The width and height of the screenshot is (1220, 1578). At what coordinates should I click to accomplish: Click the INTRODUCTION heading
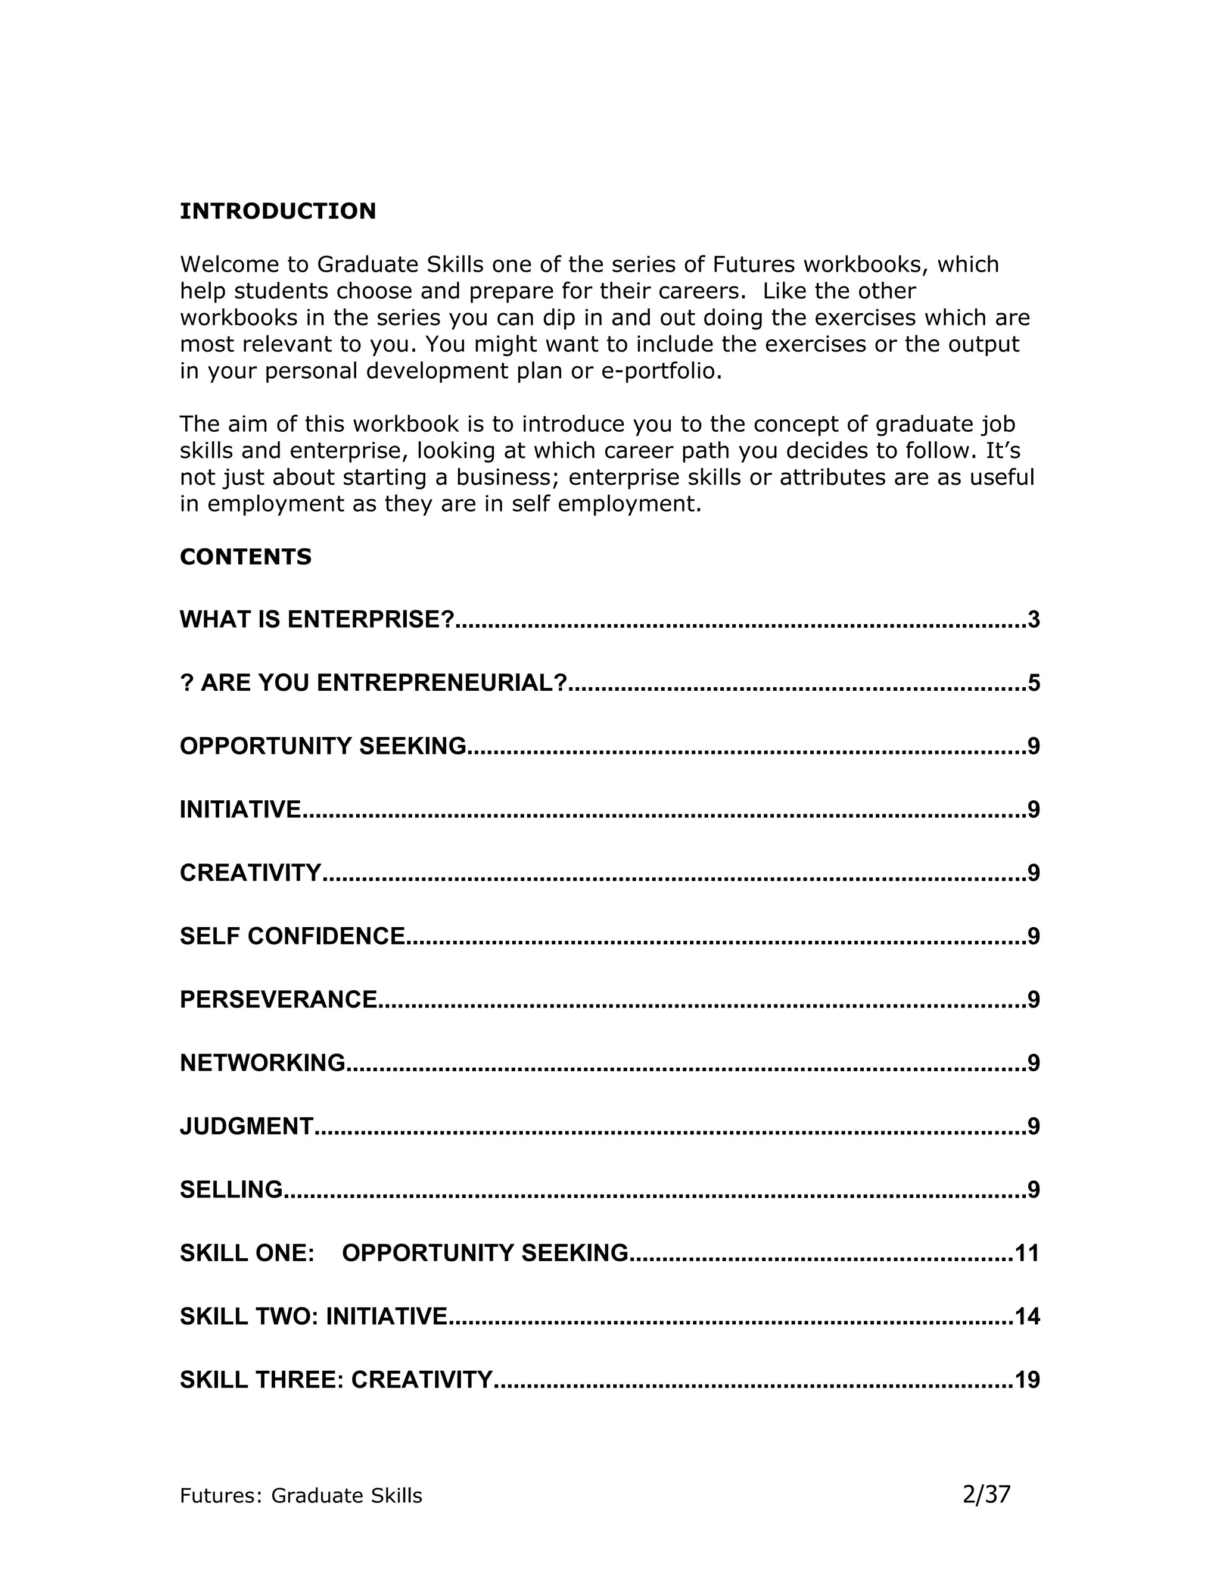278,211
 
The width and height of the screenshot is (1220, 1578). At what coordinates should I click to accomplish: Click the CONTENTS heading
246,556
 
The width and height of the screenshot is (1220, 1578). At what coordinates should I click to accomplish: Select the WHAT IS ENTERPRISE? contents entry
316,619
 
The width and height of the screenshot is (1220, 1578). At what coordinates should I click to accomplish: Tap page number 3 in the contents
1034,619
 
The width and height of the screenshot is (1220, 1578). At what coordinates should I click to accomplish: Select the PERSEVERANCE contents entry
278,999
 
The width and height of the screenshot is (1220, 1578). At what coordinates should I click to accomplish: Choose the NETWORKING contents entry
262,1063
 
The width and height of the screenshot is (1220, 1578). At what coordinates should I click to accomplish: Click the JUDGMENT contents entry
247,1125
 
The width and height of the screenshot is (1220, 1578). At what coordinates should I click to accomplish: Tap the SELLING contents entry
231,1189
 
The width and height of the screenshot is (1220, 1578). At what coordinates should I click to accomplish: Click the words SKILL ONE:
247,1253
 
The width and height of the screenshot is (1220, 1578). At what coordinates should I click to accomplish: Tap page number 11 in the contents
1027,1253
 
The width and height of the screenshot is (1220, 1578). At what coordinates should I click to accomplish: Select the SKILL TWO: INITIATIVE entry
313,1317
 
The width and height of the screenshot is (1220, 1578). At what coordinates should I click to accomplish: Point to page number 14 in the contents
1027,1317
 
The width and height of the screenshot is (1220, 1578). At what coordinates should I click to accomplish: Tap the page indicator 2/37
986,1494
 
